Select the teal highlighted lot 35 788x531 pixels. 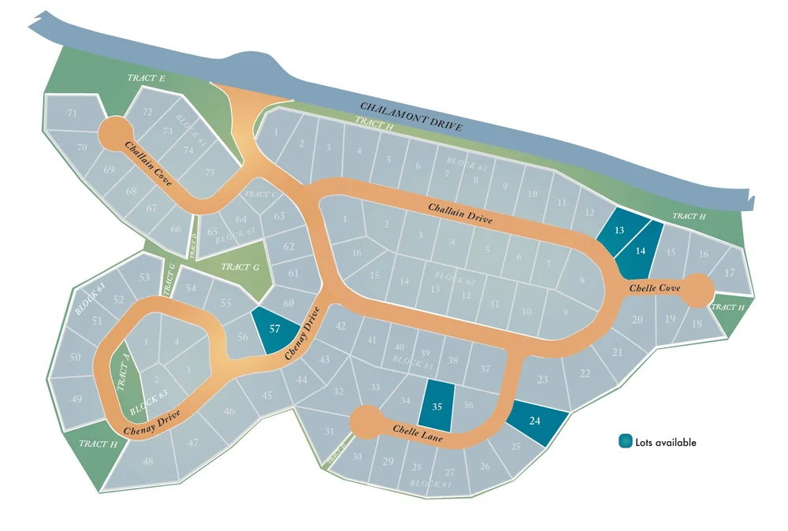(437, 406)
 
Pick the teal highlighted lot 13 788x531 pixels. (619, 230)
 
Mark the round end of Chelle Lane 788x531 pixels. (366, 422)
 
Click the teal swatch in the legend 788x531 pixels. (625, 442)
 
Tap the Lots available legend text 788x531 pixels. (666, 443)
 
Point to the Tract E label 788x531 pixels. (146, 78)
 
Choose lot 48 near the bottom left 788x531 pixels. (147, 461)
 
